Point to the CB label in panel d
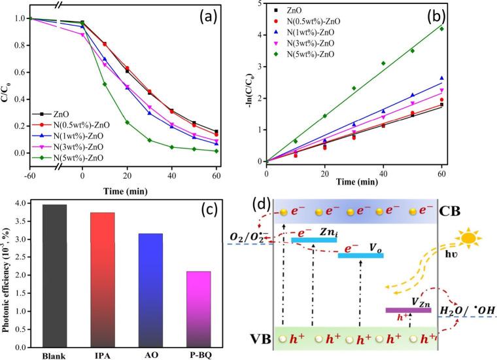tap(465, 213)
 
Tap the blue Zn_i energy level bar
tap(313, 240)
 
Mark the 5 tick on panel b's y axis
tap(260, 3)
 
